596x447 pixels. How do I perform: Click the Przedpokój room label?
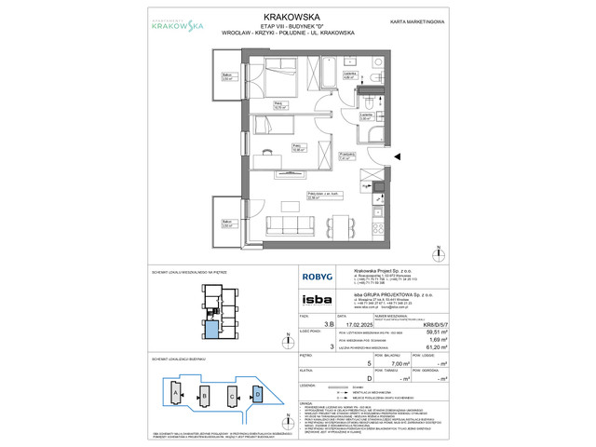pos(371,156)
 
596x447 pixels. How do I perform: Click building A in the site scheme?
pos(172,394)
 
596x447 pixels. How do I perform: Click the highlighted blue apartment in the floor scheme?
pos(215,329)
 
